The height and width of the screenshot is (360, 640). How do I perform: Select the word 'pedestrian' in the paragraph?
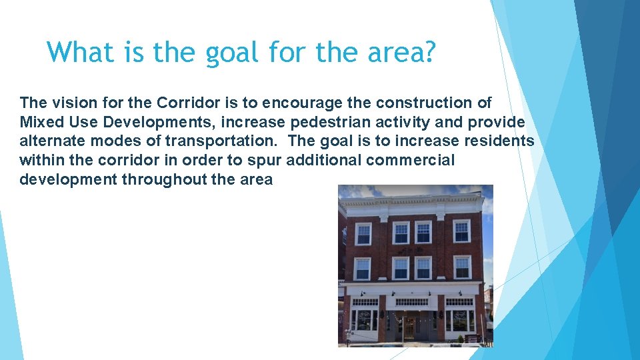coord(341,123)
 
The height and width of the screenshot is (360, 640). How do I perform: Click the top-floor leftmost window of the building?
coord(363,234)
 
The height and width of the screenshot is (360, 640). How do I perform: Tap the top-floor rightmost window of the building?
coord(461,231)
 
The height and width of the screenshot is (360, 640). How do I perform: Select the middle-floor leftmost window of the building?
coord(362,269)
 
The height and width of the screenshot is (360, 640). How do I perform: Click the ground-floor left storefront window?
coord(365,319)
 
